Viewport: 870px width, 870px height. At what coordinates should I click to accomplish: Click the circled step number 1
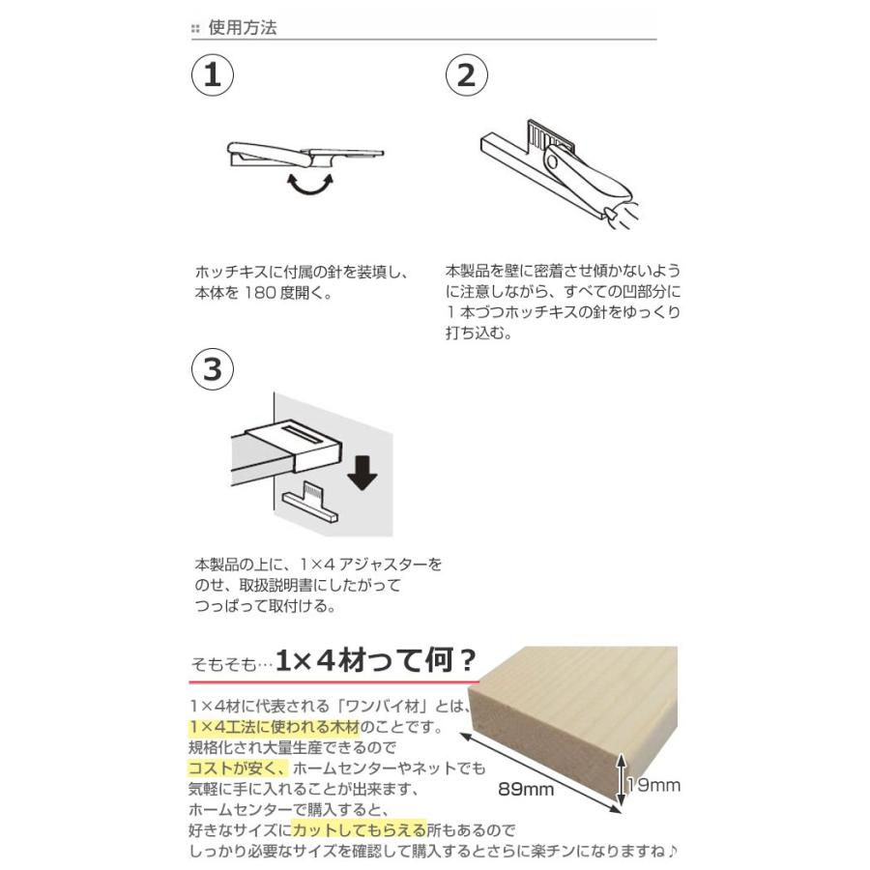pyautogui.click(x=215, y=76)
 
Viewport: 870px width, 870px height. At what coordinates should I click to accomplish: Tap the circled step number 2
pyautogui.click(x=466, y=76)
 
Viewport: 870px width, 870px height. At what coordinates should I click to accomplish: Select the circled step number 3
pyautogui.click(x=215, y=370)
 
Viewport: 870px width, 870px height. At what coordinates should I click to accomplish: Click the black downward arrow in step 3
pyautogui.click(x=361, y=474)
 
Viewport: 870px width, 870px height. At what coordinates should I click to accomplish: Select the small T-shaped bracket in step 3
pyautogui.click(x=310, y=503)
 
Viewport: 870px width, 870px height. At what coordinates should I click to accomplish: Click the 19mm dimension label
pyautogui.click(x=653, y=785)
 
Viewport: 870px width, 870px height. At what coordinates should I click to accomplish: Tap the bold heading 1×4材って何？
pyautogui.click(x=376, y=662)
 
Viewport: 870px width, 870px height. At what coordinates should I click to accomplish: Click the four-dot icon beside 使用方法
pyautogui.click(x=196, y=29)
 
